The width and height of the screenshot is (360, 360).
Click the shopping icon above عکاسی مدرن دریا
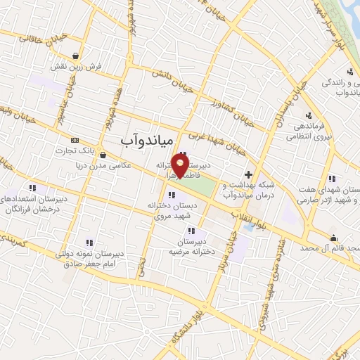tap(103, 155)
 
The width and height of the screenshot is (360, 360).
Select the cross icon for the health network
tap(247, 174)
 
